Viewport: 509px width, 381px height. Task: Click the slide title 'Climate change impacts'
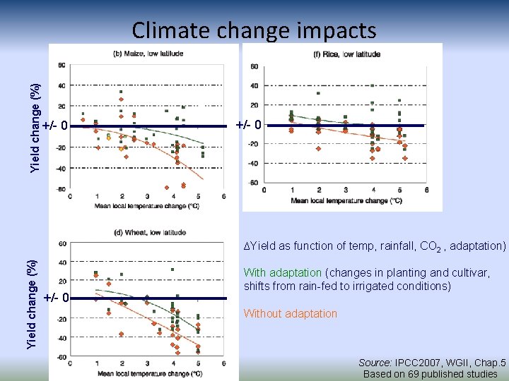point(254,30)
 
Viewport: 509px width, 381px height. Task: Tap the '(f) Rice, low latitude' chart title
point(346,54)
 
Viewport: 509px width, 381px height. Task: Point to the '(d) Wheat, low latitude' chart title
point(150,232)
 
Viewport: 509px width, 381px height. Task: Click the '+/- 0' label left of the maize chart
point(54,126)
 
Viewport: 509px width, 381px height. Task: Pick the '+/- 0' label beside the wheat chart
point(56,297)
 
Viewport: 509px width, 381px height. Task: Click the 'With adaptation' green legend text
point(283,273)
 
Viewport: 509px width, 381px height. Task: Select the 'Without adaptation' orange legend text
point(291,314)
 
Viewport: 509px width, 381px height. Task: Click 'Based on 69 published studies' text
point(430,374)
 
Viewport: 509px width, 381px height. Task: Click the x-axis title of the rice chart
point(346,200)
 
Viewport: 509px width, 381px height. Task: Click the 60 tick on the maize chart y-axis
point(62,65)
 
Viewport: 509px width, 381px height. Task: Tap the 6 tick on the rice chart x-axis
point(427,190)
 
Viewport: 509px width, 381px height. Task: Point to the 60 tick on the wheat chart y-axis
point(62,243)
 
